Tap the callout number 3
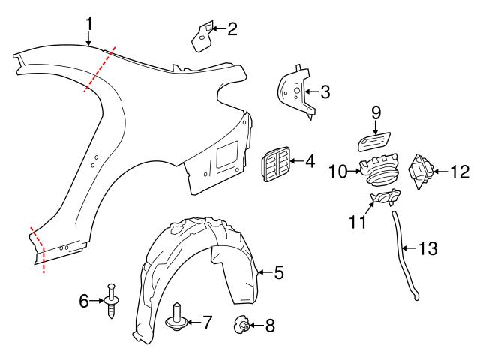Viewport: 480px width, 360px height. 324,92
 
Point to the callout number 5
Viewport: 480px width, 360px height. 278,272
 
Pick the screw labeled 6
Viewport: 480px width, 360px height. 112,301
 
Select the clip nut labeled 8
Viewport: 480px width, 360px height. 241,325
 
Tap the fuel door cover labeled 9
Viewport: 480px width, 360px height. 373,141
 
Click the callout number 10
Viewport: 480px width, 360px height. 337,172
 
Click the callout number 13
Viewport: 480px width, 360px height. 426,247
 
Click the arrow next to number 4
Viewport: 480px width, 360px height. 295,160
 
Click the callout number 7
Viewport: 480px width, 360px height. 205,322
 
